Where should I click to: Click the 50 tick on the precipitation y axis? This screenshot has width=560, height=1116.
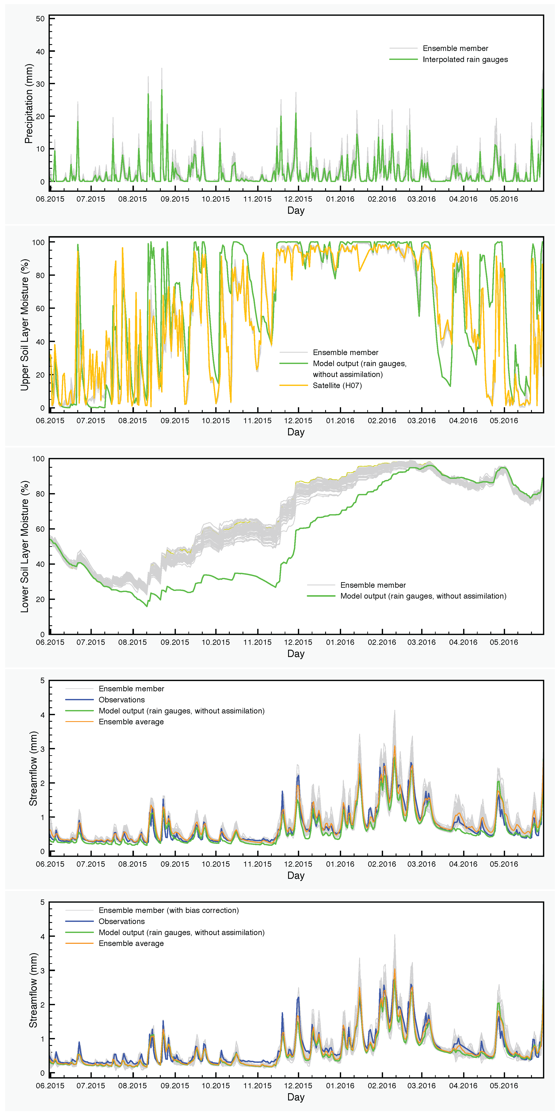click(x=40, y=19)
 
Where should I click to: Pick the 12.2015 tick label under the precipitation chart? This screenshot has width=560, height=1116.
click(x=298, y=199)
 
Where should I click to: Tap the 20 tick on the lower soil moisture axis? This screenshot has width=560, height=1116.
click(x=40, y=599)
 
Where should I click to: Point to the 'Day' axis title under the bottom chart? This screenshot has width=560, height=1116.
click(x=296, y=1097)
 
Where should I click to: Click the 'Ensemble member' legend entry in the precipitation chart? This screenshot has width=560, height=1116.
click(x=455, y=48)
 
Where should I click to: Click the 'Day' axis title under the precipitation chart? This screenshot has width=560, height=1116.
click(x=296, y=211)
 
